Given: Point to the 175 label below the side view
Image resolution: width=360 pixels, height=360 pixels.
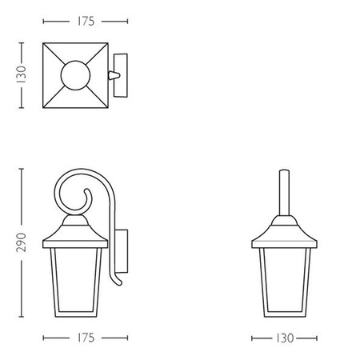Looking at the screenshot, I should pos(85,338).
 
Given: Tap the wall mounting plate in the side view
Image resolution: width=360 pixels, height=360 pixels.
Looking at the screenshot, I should pos(122,247).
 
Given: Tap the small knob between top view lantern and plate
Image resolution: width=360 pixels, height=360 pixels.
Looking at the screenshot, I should pos(111,74).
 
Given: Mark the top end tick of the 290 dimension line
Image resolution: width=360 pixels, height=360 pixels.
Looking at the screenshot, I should pos(22,168).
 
